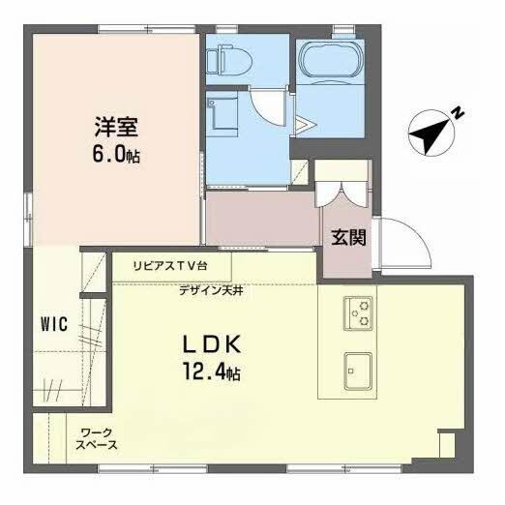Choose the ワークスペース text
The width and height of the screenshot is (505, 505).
(98, 438)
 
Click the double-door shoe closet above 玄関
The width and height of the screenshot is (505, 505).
(343, 190)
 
